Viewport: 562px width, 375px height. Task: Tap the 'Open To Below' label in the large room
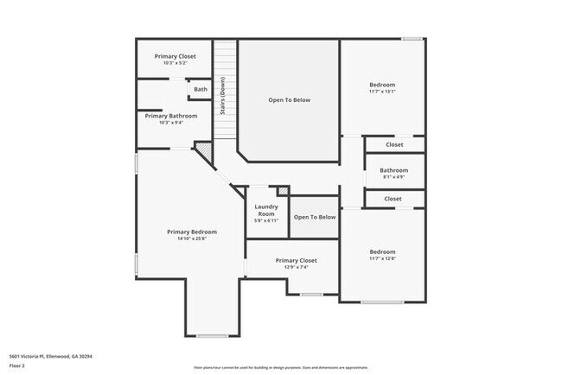coord(289,100)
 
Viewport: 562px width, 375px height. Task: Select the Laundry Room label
coord(265,210)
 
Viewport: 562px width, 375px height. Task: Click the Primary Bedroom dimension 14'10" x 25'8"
coord(192,238)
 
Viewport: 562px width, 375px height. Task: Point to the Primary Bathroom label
coord(171,116)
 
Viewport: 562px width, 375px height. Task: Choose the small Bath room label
coord(201,89)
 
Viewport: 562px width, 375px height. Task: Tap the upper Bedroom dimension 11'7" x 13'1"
coord(382,92)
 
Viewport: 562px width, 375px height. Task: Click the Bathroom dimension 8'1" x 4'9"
coord(394,177)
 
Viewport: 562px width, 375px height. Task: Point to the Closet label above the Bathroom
coord(394,144)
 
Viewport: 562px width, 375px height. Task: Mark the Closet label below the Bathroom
coord(393,199)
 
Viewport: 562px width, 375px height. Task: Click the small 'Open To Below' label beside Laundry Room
coord(315,217)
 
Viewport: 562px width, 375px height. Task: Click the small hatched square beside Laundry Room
coord(283,190)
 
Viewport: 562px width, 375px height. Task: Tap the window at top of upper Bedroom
coord(412,38)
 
